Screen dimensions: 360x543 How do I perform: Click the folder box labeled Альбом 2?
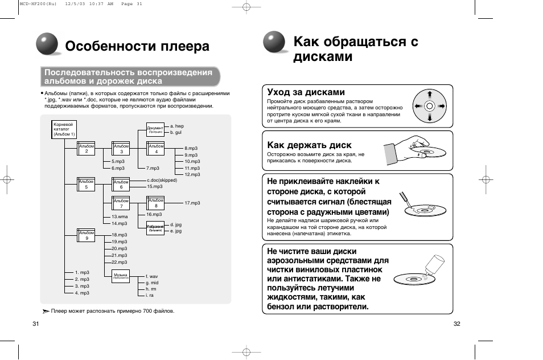[x=87, y=149]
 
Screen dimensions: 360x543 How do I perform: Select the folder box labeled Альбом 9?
[x=87, y=235]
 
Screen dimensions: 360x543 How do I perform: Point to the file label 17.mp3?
[x=192, y=203]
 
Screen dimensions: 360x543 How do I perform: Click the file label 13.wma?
[x=119, y=217]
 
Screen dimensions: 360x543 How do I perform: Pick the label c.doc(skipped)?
[x=162, y=181]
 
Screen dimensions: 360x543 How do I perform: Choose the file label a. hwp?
[x=177, y=126]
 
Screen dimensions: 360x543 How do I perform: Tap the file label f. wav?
[x=152, y=276]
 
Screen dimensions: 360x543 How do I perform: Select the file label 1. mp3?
[x=83, y=273]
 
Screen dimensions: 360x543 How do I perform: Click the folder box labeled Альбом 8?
[x=156, y=203]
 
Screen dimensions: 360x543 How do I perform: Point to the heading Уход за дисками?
[x=306, y=92]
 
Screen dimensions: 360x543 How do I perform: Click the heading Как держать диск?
[x=309, y=145]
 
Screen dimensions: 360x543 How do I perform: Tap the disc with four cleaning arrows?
[x=429, y=106]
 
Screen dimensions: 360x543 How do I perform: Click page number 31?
[x=36, y=324]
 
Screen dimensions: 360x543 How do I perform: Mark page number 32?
[x=456, y=324]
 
